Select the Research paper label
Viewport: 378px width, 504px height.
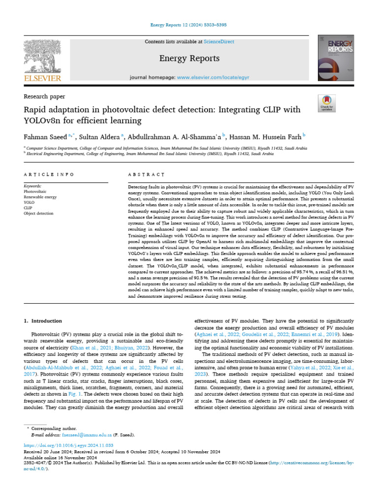click(44, 96)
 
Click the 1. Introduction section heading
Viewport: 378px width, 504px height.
click(43, 321)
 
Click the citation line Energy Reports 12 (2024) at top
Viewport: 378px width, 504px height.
click(189, 25)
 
